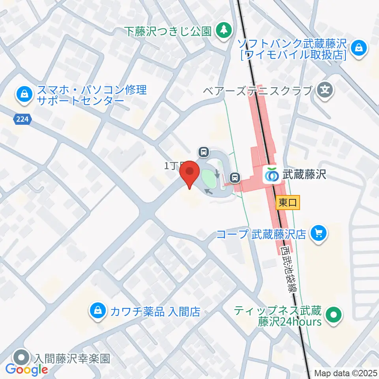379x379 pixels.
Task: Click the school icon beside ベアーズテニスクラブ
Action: pyautogui.click(x=325, y=90)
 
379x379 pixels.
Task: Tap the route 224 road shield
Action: pyautogui.click(x=23, y=119)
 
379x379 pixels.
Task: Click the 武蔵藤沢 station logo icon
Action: pyautogui.click(x=271, y=174)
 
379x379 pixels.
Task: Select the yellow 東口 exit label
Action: pyautogui.click(x=288, y=203)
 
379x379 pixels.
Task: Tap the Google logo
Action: pyautogui.click(x=26, y=370)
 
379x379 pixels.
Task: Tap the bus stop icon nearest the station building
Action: pyautogui.click(x=235, y=178)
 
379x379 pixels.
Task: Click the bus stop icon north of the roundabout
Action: pyautogui.click(x=204, y=152)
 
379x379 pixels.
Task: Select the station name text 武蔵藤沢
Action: pyautogui.click(x=304, y=174)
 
